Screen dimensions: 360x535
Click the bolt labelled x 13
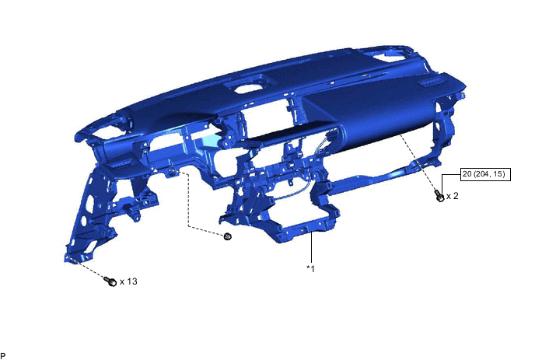tap(110, 281)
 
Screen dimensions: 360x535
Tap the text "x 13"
tap(128, 281)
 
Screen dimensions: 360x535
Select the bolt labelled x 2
tap(439, 197)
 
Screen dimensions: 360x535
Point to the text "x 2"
tap(452, 196)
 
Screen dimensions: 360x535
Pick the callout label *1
tap(310, 268)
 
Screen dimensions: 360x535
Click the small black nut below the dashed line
tap(228, 236)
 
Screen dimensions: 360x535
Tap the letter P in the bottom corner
tap(3, 355)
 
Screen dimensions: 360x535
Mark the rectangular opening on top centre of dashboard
tap(250, 89)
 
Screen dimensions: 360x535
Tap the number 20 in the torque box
tap(467, 175)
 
